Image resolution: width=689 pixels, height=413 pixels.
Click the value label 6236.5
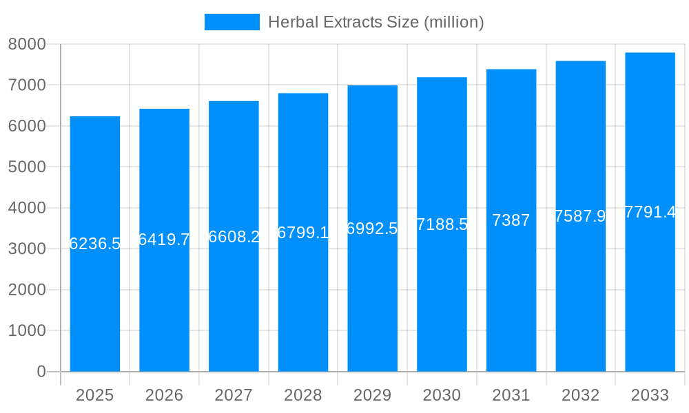coord(95,244)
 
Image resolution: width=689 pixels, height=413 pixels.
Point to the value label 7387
coord(511,220)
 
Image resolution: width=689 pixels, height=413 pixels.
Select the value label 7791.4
coord(650,212)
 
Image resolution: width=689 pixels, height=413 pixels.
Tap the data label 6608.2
coord(234,237)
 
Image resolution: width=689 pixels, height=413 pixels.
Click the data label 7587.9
coord(580,216)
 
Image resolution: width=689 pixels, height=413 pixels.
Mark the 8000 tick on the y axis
coord(27,44)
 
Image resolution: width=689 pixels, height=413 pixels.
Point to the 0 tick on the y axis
coord(41,372)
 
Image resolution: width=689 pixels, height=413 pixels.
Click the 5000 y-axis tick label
coord(27,167)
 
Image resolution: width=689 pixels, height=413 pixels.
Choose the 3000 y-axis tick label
coord(27,248)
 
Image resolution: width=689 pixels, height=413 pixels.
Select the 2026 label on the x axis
coord(164,395)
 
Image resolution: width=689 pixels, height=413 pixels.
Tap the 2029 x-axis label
coord(372,395)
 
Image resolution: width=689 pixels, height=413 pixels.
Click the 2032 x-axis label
coord(580,395)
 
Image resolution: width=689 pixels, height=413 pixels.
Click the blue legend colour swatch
coord(232,22)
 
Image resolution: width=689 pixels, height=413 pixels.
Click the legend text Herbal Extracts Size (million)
coord(376,22)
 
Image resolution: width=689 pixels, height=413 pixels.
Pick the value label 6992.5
coord(372,229)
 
